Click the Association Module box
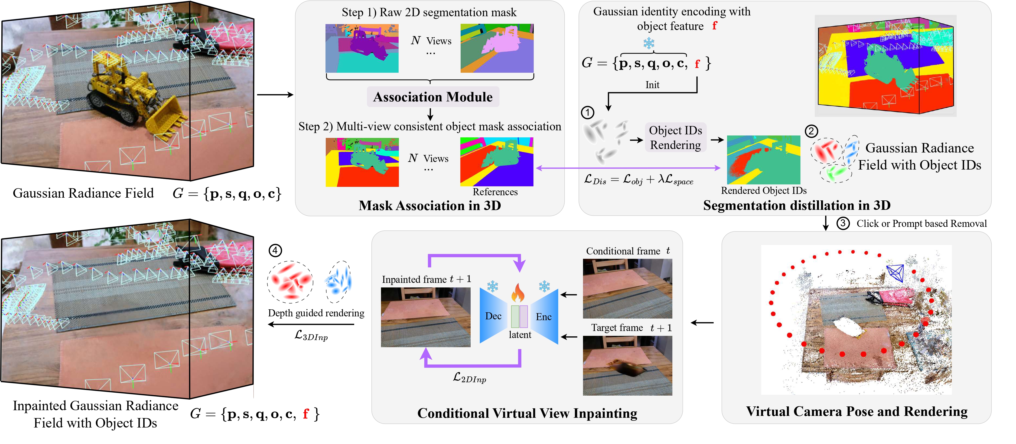(x=433, y=97)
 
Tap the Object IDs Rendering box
(x=675, y=137)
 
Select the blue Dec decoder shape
(x=493, y=316)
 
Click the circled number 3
(x=843, y=223)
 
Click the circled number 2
(x=811, y=131)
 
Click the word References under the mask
(x=495, y=192)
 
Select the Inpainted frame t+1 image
(x=426, y=317)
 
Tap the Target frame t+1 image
(x=627, y=365)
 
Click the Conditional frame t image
(x=627, y=288)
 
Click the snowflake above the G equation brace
(x=649, y=43)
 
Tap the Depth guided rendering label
(x=316, y=313)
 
